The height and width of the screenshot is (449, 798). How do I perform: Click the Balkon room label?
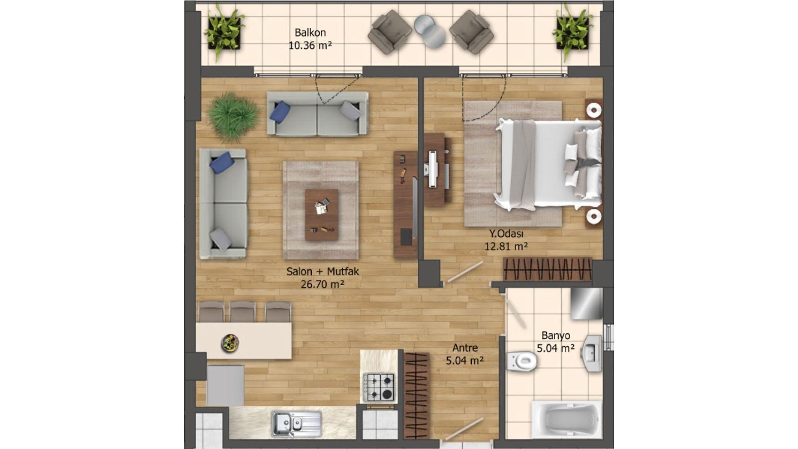coord(310,32)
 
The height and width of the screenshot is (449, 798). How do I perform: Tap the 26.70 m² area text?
coord(322,284)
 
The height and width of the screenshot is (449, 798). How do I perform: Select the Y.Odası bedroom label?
coord(506,234)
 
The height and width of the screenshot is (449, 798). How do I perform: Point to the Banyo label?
coord(556,336)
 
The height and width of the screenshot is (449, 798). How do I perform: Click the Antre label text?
coord(465,348)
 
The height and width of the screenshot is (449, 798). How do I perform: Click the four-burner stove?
coord(379,387)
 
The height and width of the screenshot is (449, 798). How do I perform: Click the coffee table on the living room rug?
coord(321,215)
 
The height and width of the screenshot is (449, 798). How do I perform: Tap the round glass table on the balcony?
coord(430,30)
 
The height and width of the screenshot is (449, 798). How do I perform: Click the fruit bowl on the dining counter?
coord(229,343)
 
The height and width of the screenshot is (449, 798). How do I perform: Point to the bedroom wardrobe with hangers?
coord(547,269)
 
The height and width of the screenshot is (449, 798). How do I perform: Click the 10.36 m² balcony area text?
coord(310,45)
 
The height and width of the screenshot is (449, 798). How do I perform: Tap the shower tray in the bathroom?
coord(586,303)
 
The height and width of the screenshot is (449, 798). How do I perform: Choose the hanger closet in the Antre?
coord(416,395)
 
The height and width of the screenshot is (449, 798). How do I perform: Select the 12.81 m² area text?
coord(506,247)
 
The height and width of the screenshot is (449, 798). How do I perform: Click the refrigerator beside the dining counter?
coord(225,385)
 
